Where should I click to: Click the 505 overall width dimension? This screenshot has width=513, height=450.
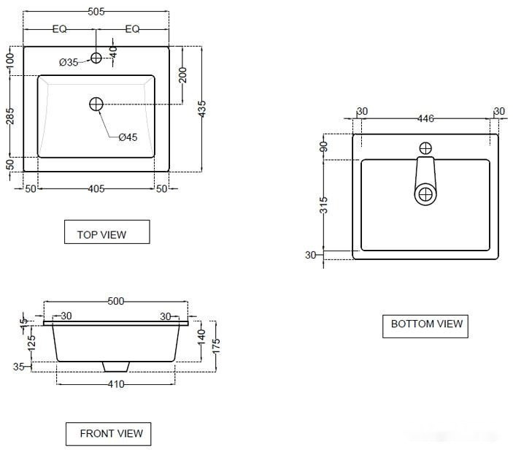click(96, 12)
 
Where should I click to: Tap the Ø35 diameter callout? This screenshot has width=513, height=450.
click(68, 63)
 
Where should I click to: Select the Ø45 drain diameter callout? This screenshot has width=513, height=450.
click(128, 137)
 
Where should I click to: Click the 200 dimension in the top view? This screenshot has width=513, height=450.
click(182, 75)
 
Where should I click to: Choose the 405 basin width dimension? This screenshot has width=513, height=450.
click(96, 189)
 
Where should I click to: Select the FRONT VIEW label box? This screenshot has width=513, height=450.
click(109, 433)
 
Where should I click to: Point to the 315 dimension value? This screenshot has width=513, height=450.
click(324, 204)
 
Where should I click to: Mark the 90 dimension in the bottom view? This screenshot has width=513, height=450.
click(324, 146)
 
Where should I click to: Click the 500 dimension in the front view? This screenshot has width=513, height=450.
click(116, 301)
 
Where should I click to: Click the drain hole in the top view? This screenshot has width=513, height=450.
click(96, 104)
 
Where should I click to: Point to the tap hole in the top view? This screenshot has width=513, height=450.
click(96, 58)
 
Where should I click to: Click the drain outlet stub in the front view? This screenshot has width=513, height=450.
click(115, 365)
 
